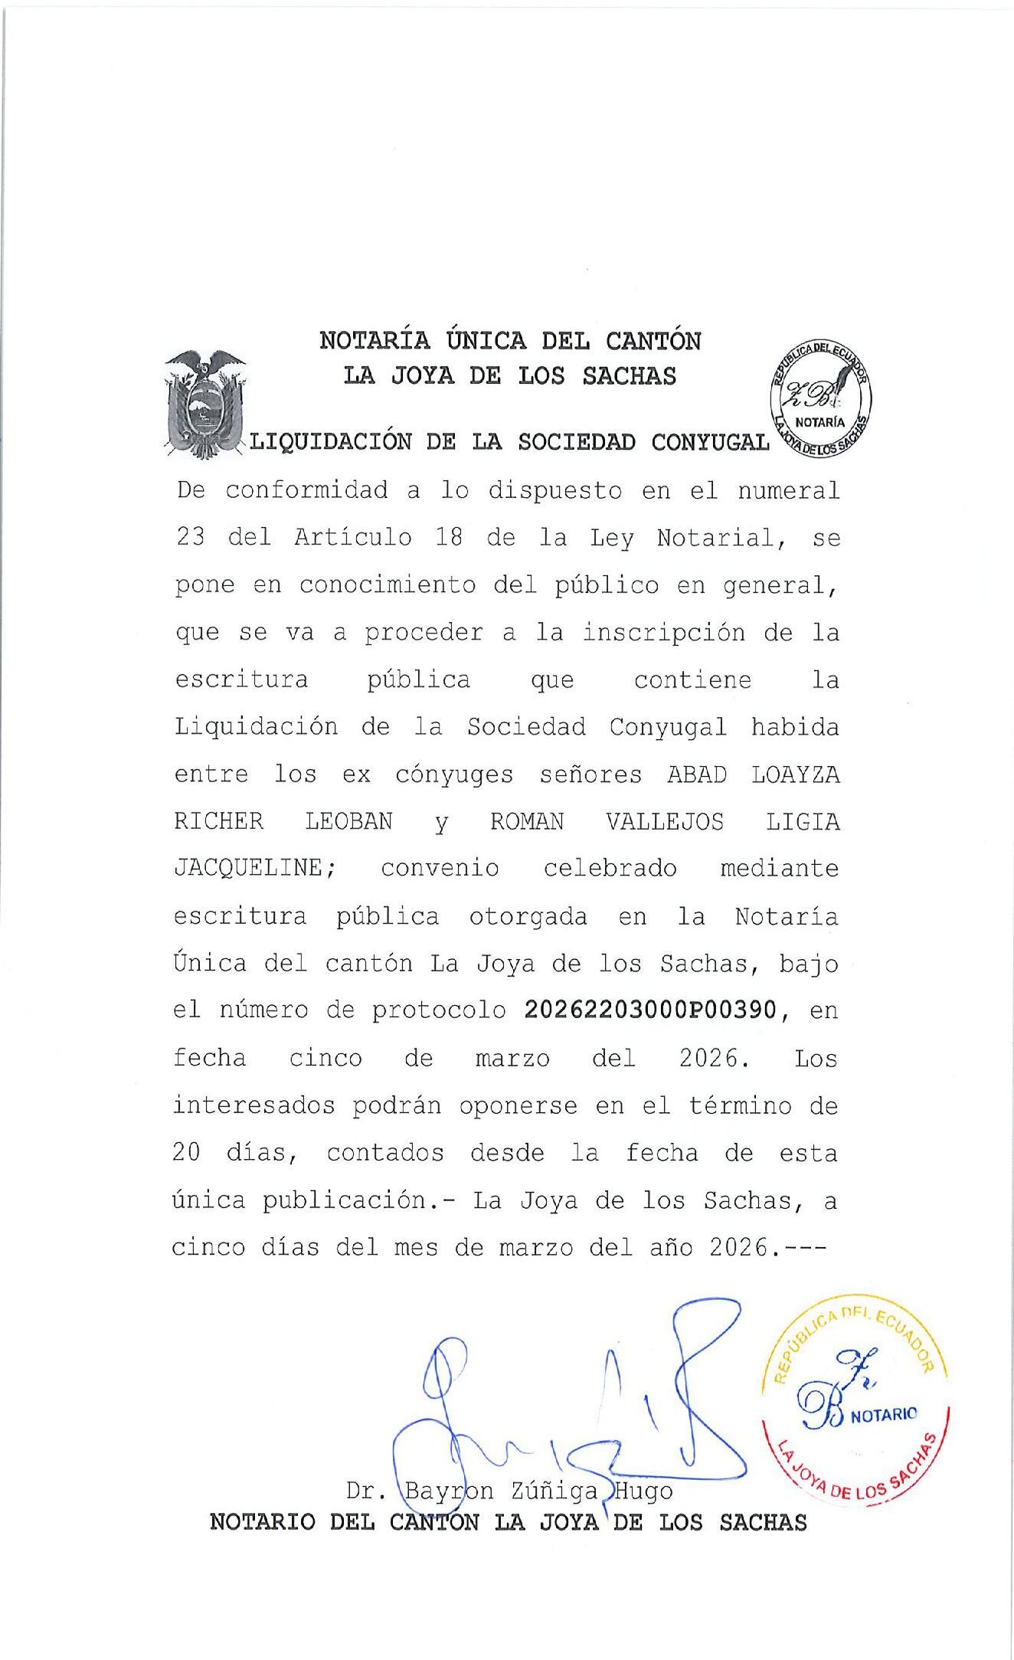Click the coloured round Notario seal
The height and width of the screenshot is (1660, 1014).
pos(855,1411)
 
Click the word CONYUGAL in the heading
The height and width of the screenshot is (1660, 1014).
pos(710,442)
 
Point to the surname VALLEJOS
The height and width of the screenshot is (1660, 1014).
pos(664,822)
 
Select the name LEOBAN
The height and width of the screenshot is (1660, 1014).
pos(348,822)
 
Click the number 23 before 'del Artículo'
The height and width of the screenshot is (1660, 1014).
pos(190,538)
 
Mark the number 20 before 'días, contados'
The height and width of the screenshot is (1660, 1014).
pos(186,1153)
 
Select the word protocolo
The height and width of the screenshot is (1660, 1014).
pos(439,1011)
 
